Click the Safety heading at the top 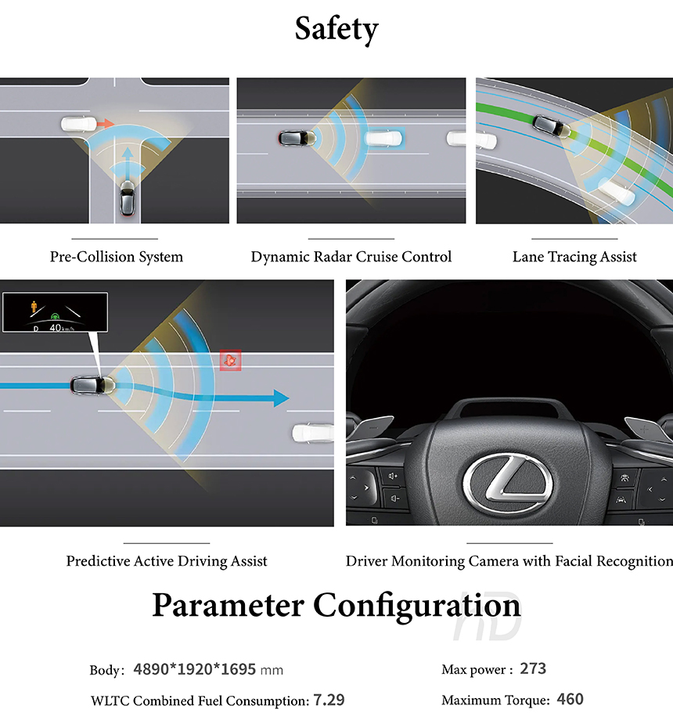[336, 29]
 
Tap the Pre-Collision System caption [116, 257]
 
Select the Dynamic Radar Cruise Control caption [351, 257]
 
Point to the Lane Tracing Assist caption [574, 257]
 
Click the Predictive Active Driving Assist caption [167, 561]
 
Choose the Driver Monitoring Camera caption [509, 561]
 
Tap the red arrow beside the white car [105, 124]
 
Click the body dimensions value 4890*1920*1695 [196, 670]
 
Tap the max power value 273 [533, 669]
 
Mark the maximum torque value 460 [570, 700]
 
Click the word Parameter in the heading [229, 607]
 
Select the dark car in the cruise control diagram [293, 139]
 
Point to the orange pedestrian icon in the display [34, 306]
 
